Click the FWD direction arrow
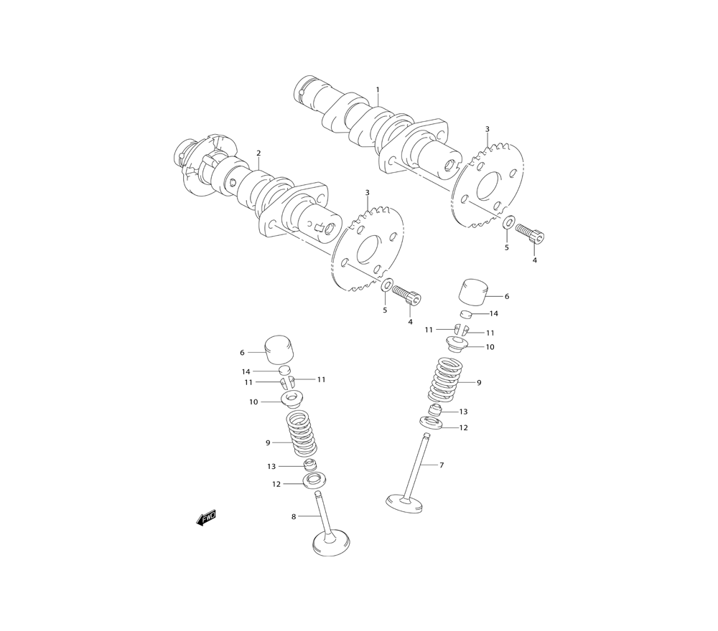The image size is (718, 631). point(206,518)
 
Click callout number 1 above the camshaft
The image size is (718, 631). point(378,90)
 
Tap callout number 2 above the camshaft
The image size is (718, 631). point(258,153)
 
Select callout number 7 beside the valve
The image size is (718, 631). point(442,465)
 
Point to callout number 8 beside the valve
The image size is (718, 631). point(294,517)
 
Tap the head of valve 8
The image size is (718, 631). point(332,544)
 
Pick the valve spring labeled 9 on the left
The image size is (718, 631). point(302,434)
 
